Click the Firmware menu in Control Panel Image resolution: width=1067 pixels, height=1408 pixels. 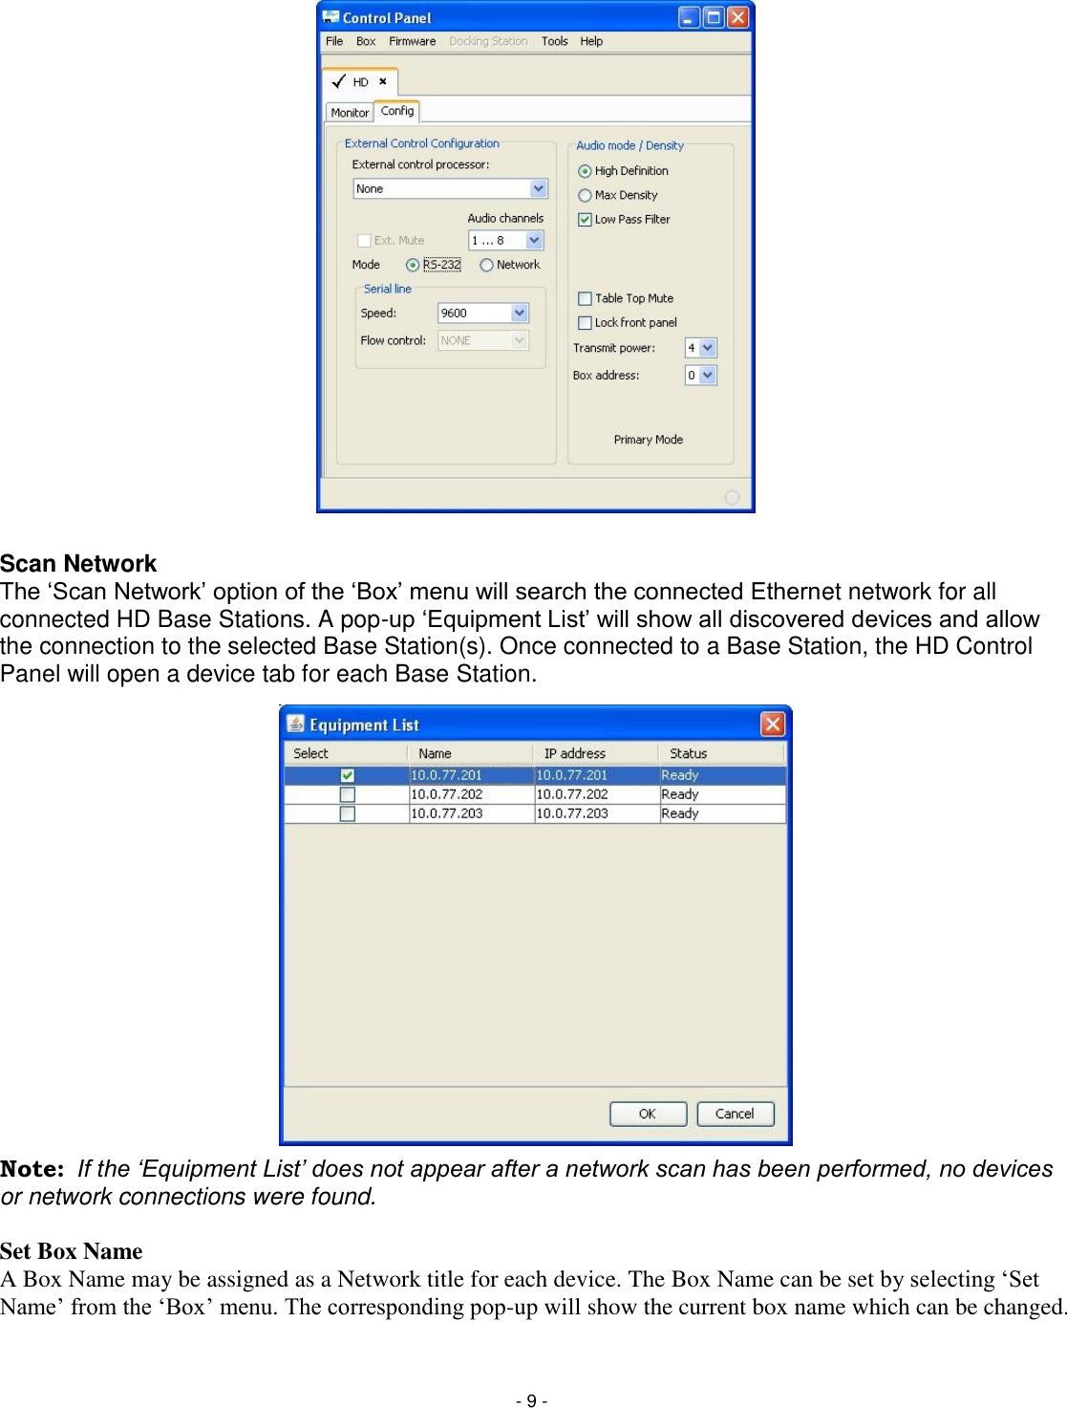412,41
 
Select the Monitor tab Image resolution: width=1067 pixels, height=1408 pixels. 350,113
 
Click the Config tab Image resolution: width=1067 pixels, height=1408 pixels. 397,111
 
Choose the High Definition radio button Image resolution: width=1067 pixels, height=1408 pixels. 585,171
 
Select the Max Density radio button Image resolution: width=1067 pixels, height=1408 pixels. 585,195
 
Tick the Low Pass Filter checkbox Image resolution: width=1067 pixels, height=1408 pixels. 585,220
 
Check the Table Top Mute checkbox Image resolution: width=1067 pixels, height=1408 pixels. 585,298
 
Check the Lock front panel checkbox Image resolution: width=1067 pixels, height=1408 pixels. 585,323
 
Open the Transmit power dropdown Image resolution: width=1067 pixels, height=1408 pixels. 707,348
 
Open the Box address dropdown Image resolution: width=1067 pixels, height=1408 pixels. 707,376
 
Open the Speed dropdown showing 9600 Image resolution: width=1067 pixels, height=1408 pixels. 519,313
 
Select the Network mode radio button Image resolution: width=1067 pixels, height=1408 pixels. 487,266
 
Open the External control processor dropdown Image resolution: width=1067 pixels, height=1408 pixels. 538,189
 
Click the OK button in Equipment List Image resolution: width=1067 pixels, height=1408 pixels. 648,1114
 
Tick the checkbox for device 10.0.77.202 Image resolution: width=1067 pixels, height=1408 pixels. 348,794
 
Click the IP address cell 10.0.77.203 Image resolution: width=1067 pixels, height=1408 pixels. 572,813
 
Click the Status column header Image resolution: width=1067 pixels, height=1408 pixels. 688,753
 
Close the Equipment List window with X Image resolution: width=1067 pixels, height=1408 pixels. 772,725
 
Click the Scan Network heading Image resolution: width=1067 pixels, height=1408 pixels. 78,564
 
